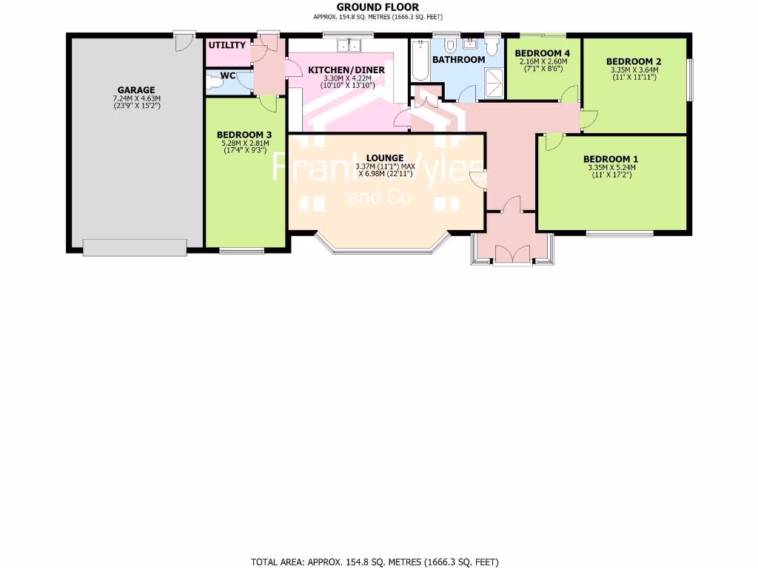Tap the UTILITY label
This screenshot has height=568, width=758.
(x=227, y=45)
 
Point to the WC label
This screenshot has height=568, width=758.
(x=228, y=75)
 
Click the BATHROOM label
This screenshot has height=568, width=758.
(x=458, y=59)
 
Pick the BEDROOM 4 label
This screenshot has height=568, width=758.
(x=543, y=53)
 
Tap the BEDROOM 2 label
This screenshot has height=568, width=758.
(x=633, y=61)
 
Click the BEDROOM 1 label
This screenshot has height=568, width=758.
(x=611, y=158)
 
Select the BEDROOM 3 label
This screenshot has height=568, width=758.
(x=244, y=135)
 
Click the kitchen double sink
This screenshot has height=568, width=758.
(x=348, y=47)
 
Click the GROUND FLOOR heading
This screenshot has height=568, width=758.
(x=378, y=7)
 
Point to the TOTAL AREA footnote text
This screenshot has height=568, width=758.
(x=380, y=562)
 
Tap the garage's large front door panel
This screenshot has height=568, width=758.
(x=135, y=248)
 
